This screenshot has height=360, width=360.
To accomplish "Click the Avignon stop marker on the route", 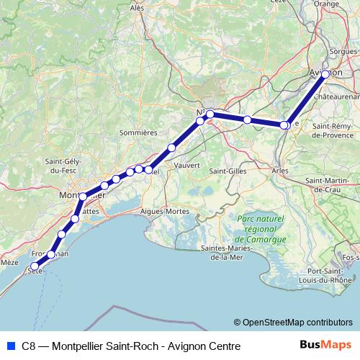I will pos(325,74).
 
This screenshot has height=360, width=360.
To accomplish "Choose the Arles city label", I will pos(280,171).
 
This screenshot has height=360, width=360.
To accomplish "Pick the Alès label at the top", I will pos(137,7).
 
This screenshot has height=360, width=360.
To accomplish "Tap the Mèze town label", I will pos(9,263).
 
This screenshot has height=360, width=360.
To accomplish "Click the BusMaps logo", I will pos(325,346).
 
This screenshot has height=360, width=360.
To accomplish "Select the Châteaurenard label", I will pos(337,96).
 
